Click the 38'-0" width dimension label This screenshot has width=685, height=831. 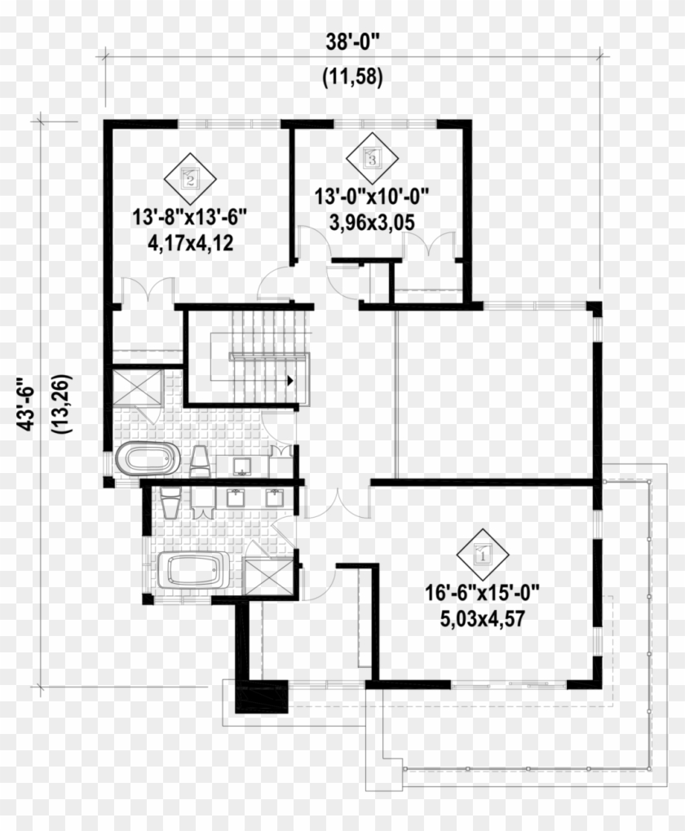[352, 42]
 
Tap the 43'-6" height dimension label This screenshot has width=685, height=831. [26, 404]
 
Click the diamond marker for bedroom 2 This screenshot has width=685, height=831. [190, 179]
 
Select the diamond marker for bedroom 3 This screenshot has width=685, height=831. [372, 158]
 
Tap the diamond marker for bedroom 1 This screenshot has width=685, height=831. [483, 555]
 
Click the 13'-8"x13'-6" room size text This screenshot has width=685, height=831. [190, 217]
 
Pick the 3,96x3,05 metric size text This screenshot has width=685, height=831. [372, 223]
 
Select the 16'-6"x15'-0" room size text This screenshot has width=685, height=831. [483, 593]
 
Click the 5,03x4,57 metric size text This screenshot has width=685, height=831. [483, 618]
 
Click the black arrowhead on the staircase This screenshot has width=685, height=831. [290, 380]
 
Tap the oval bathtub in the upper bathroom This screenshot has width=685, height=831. [146, 457]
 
